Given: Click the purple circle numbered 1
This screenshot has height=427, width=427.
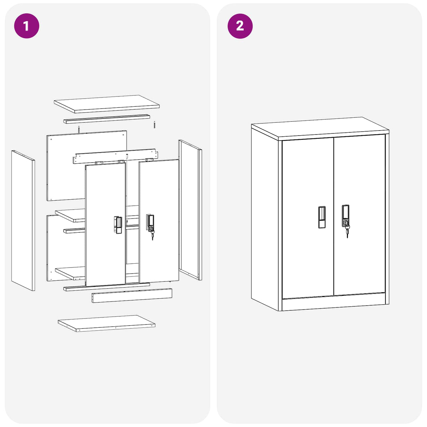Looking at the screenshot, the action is tap(27, 26).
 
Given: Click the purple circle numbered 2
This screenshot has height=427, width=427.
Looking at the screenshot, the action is tap(240, 26).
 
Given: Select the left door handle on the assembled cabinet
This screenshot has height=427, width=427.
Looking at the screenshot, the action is tap(322, 217).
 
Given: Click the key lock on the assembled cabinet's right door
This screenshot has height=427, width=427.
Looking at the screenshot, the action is tap(346, 222).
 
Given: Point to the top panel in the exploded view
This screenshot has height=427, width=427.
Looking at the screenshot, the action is tap(107, 104).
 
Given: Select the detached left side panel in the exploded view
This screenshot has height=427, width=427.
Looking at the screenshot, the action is tap(23, 220).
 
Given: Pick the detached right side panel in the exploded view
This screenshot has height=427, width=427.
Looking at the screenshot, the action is tap(190, 210).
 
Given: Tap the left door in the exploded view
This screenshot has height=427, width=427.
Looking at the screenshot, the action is tap(105, 225).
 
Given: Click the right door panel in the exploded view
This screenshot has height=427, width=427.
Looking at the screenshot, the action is tap(159, 221).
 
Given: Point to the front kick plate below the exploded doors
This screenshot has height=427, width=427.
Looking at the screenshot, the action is tap(132, 295).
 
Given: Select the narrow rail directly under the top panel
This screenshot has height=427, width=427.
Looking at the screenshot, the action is tap(107, 119).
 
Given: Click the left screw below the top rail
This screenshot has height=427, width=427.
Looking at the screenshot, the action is tap(78, 129).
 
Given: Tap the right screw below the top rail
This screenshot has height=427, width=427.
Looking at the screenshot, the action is tap(154, 125).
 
